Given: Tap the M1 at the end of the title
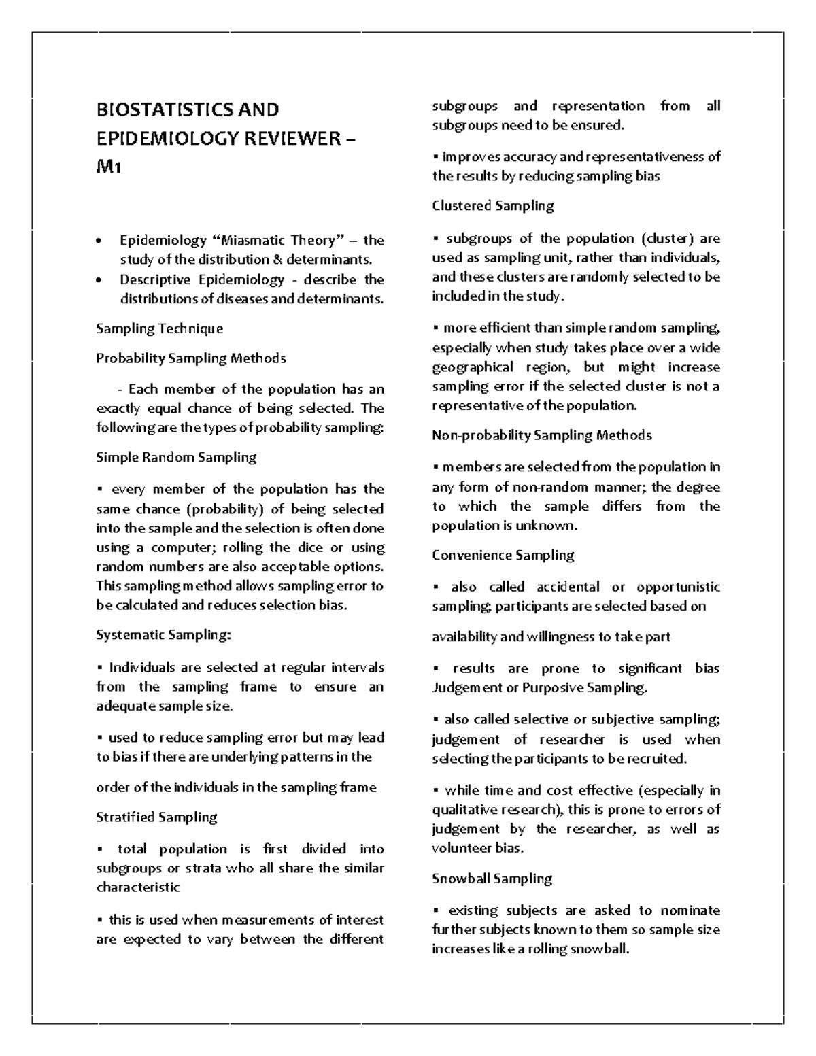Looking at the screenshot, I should (x=108, y=167).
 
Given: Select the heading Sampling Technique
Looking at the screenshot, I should (x=159, y=328).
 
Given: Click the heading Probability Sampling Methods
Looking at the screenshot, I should (x=190, y=358).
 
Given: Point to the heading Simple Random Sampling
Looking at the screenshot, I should (x=176, y=457).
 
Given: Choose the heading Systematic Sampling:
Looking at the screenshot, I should (x=163, y=635).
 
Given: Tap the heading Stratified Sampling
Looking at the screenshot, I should (x=156, y=817).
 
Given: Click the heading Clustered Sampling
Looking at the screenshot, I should (x=492, y=205).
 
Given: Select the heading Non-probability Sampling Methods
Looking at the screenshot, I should (x=541, y=435).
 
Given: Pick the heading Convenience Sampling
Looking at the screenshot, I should (x=503, y=555).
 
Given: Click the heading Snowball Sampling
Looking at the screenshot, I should (x=492, y=879).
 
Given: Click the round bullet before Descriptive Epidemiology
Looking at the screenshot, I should (x=101, y=280).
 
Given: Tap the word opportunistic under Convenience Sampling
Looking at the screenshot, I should (x=678, y=587).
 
